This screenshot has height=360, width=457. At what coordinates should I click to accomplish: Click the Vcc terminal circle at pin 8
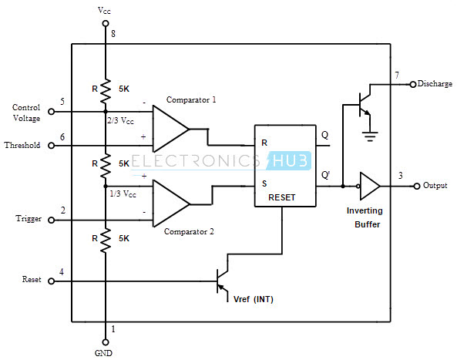pos(106,23)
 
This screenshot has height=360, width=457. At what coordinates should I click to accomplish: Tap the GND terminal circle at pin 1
pos(106,342)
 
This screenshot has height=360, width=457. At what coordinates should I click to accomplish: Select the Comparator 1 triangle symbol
pos(171,129)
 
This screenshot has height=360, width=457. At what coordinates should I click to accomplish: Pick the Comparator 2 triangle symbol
pos(171,204)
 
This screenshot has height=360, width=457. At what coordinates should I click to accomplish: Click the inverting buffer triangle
pos(370,186)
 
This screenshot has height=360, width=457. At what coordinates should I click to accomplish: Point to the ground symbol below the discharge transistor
pos(370,136)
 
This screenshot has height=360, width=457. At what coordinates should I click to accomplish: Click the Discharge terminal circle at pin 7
pos(413,85)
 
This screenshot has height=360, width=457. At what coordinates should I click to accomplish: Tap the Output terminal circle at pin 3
pos(417,186)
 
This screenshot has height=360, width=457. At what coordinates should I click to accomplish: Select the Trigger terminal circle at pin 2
pos(52,220)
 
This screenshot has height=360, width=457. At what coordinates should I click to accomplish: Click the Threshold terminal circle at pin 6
pos(52,145)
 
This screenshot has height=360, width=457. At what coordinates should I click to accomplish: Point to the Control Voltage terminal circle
pos(52,111)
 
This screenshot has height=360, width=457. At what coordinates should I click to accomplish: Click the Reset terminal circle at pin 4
pos(52,281)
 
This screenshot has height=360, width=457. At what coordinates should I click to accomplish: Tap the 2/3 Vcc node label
pos(120,120)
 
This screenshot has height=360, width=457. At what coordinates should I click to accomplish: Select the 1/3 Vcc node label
pos(123,193)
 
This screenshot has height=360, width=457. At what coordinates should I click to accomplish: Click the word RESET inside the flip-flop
pos(282,197)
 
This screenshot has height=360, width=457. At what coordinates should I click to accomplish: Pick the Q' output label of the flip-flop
pos(325,175)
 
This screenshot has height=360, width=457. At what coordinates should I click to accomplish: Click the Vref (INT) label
pos(254,299)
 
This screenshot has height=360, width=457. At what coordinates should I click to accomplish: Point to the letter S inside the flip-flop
pos(264,183)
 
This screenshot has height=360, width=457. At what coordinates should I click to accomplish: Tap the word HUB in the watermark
pos(290,160)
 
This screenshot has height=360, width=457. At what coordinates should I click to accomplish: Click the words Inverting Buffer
pos(365,217)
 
